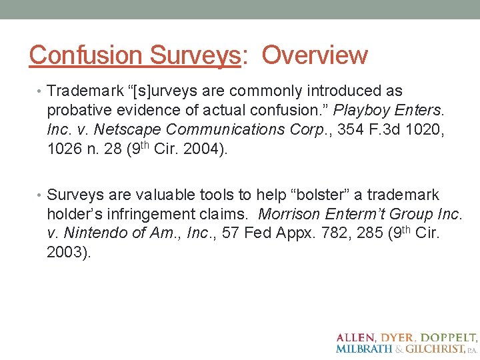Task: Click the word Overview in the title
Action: [315, 55]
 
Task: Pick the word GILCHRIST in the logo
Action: [438, 349]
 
